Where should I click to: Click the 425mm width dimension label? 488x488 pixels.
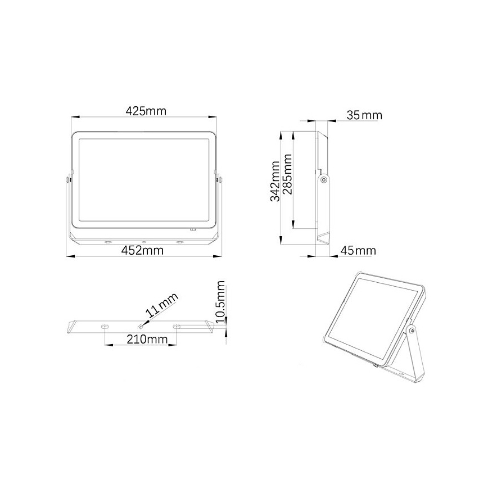(146, 111)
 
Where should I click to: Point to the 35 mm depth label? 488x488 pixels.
(364, 115)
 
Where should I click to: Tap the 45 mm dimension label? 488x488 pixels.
(357, 250)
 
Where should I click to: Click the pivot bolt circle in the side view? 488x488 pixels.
(323, 179)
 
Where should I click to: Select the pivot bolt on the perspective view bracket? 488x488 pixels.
(413, 331)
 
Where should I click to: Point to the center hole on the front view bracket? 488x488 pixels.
(143, 242)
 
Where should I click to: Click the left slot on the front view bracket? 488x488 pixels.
(106, 242)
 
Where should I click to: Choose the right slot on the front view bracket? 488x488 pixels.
(180, 242)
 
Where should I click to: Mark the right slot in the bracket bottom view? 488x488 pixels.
(177, 326)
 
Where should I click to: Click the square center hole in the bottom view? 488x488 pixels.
(141, 326)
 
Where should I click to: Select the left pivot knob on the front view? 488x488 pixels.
(67, 180)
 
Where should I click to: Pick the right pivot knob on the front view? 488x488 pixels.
(219, 180)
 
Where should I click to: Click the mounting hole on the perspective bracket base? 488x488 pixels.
(401, 372)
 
